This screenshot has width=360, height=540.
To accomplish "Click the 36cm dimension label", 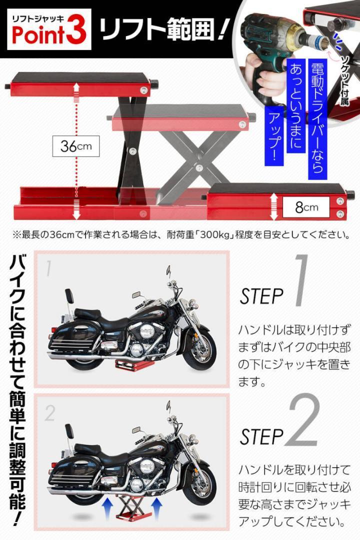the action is [76, 146].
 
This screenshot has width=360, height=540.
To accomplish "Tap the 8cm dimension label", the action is [306, 207].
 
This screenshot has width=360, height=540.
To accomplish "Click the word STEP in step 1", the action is [262, 296].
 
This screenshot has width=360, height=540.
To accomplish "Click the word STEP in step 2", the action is [262, 437].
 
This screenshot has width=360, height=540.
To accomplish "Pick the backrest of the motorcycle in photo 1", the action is [69, 296].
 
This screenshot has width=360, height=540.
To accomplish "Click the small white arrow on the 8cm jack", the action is [274, 206].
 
